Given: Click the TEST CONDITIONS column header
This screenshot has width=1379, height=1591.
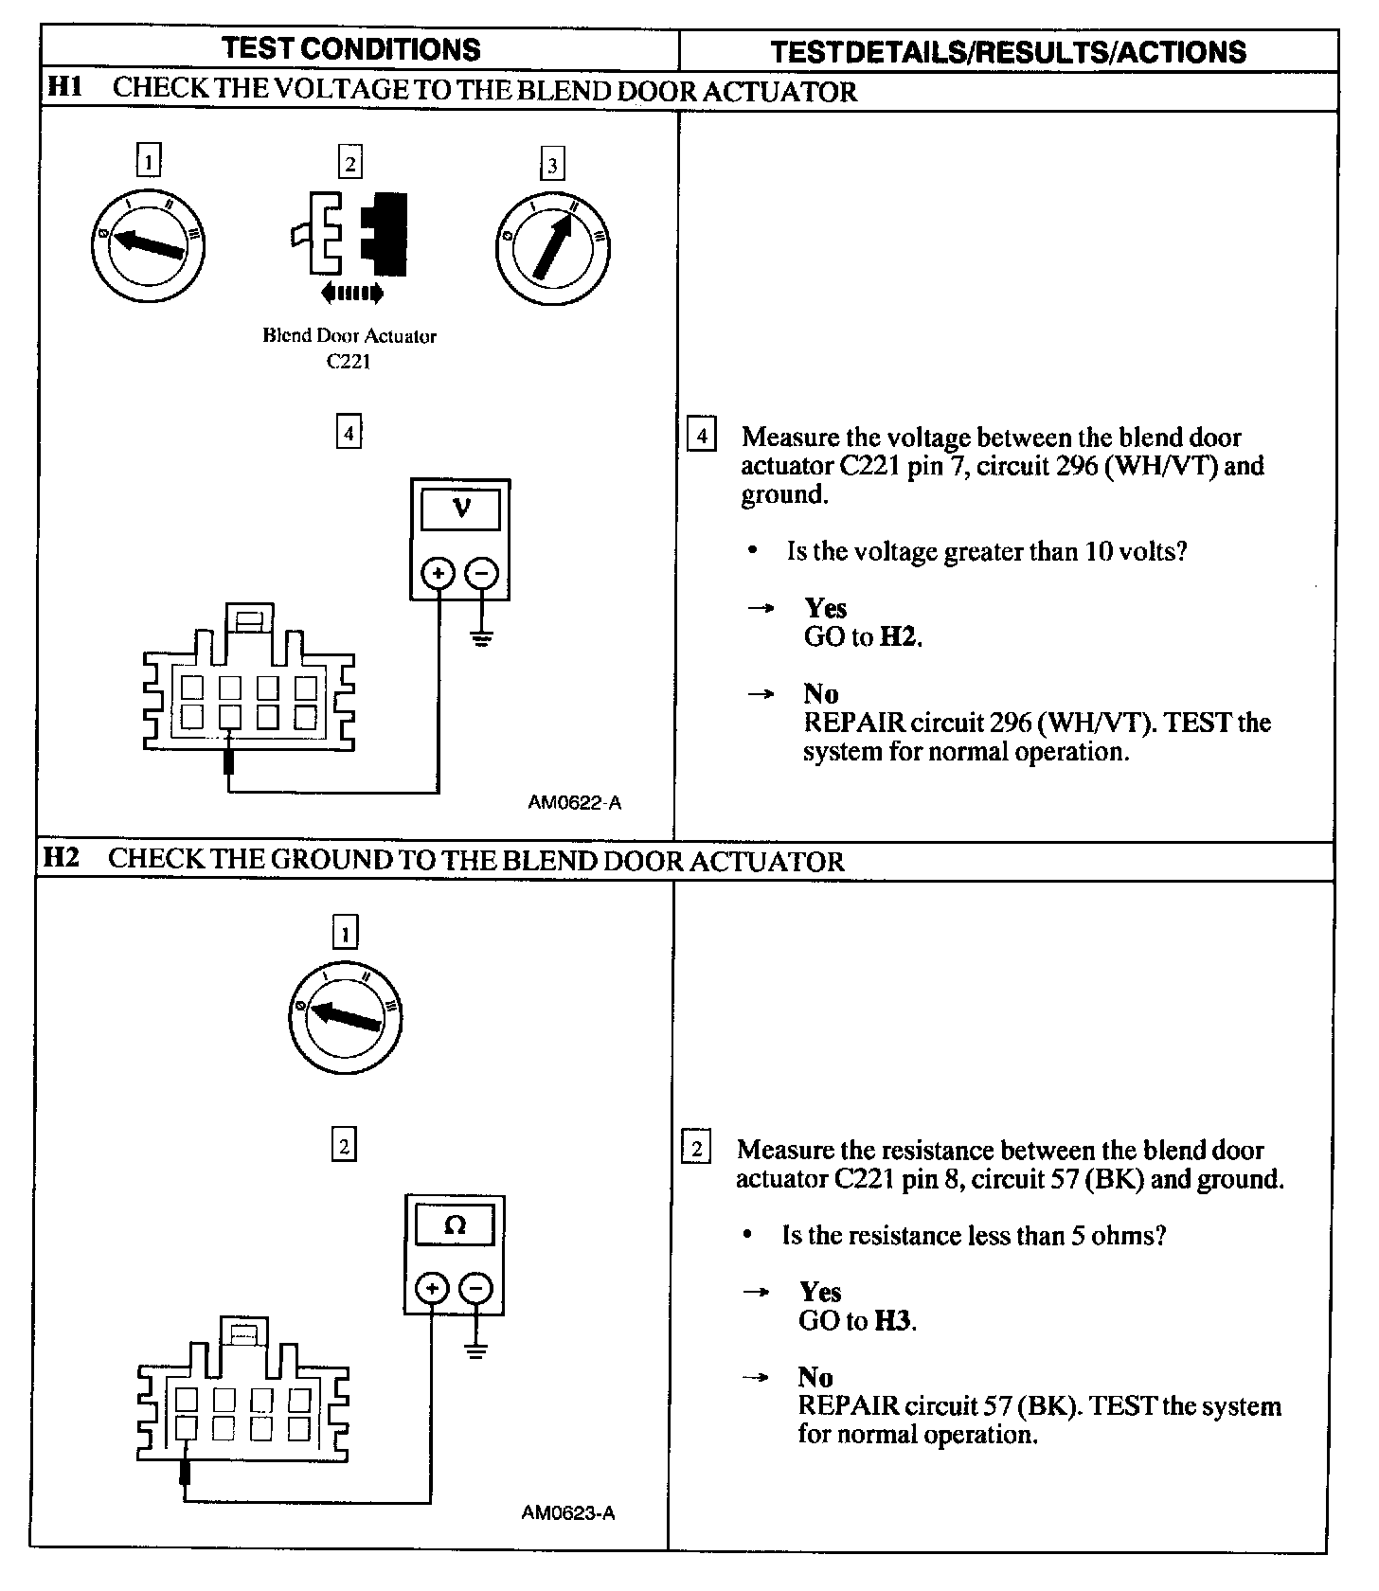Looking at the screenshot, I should (350, 49).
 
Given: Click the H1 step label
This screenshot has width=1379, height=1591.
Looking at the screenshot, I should (64, 88).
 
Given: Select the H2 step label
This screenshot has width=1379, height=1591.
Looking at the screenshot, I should (62, 858).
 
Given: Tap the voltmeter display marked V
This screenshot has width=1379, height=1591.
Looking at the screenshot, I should (460, 509).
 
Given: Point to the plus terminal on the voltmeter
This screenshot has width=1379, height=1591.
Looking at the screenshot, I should (439, 573).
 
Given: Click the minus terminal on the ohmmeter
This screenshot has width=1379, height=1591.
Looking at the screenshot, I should (475, 1288).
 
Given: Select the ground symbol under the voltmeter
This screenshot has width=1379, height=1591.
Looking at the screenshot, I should (482, 636).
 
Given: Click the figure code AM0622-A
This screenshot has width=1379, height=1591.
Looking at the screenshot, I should (574, 803).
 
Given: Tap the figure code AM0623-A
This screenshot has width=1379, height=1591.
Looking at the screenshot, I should (568, 1512).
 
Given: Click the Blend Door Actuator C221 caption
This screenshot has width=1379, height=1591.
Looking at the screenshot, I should (349, 348).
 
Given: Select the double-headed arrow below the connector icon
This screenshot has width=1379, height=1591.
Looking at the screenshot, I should (351, 293).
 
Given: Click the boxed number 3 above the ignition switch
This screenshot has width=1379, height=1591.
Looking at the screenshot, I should (552, 165).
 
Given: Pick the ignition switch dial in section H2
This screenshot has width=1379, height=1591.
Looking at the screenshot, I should (345, 1018).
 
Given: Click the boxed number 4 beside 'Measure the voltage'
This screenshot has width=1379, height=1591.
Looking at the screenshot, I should (701, 437).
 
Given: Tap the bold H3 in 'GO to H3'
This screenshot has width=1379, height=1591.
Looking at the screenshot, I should (893, 1320).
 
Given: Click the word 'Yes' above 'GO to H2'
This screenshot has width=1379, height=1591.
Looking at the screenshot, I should (825, 608).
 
